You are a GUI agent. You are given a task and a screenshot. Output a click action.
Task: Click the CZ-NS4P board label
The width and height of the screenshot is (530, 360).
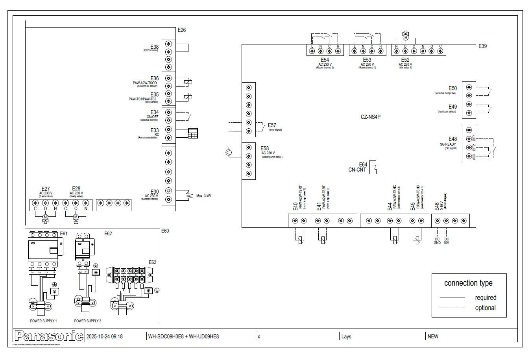coord(371,117)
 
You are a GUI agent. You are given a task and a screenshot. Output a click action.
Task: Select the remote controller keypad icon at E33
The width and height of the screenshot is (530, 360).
coord(193,133)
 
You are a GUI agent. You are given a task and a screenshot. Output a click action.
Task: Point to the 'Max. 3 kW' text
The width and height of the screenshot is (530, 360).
coord(203,196)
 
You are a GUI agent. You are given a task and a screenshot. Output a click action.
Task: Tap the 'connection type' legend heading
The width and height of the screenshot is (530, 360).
coord(468,283)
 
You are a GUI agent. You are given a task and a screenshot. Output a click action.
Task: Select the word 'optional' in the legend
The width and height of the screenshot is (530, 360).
coord(485,308)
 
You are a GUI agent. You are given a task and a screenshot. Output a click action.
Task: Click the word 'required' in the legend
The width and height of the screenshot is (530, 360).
coord(486,297)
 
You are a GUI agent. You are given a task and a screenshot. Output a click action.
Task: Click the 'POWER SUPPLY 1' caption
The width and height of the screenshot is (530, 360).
coord(43,321)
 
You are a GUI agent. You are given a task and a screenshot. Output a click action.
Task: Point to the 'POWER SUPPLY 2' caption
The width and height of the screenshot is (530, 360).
coord(87,321)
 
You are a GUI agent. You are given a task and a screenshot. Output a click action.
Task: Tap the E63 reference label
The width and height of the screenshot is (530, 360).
coord(152,262)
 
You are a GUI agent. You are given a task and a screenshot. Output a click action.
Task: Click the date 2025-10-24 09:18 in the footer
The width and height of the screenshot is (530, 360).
coord(104,336)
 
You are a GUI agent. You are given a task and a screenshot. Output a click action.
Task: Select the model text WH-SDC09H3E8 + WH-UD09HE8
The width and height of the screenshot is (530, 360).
coord(183,336)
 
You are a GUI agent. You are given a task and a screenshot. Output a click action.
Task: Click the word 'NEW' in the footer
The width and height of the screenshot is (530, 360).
coord(433,336)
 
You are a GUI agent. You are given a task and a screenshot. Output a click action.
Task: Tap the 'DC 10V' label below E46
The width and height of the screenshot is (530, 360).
coord(447,241)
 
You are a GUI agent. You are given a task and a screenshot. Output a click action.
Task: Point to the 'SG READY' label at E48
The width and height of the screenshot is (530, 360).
coord(448,144)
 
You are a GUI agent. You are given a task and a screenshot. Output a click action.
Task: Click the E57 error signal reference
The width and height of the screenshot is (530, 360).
coord(272,125)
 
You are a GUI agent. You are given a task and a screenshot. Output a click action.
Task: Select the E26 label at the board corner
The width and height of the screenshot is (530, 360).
coord(181,30)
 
